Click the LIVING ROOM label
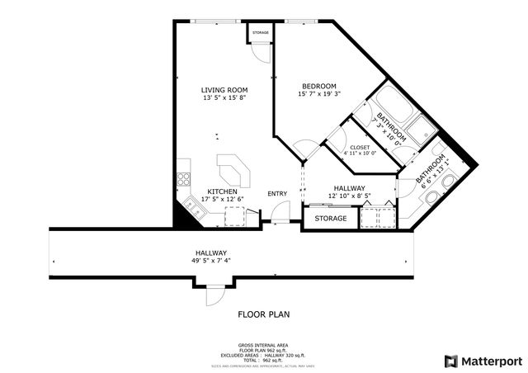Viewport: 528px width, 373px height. click(x=224, y=90)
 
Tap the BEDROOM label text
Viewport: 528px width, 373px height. click(x=318, y=87)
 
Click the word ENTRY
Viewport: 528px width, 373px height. click(x=277, y=194)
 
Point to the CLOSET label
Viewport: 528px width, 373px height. click(x=359, y=147)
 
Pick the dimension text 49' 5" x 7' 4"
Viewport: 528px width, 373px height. click(x=210, y=261)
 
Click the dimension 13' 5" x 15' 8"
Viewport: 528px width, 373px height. click(x=224, y=98)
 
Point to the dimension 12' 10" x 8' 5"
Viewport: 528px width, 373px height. click(x=349, y=196)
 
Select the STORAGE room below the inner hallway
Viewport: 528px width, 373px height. click(x=329, y=219)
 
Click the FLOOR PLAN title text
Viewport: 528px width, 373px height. click(x=263, y=314)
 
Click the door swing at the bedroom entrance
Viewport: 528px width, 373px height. click(x=308, y=151)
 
